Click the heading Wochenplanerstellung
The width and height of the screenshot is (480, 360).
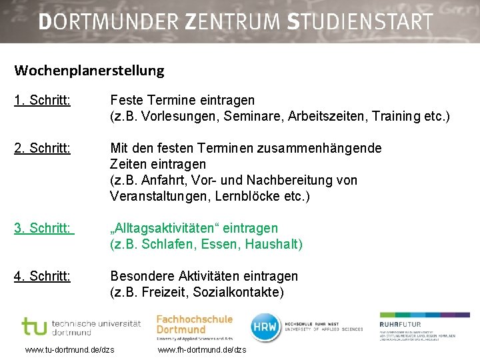coord(89,70)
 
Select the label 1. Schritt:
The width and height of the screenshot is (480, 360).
coord(42,100)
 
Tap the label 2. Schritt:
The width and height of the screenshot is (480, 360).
coord(42,148)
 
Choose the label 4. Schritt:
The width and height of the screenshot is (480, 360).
coord(42,276)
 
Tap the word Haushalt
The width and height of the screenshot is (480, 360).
coord(273,244)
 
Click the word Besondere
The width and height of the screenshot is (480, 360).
coord(141,276)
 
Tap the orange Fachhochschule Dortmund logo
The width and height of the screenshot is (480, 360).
coord(194,325)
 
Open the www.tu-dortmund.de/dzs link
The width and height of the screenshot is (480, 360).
coord(69,349)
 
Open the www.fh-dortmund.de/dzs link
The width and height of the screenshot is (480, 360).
coord(202,349)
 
